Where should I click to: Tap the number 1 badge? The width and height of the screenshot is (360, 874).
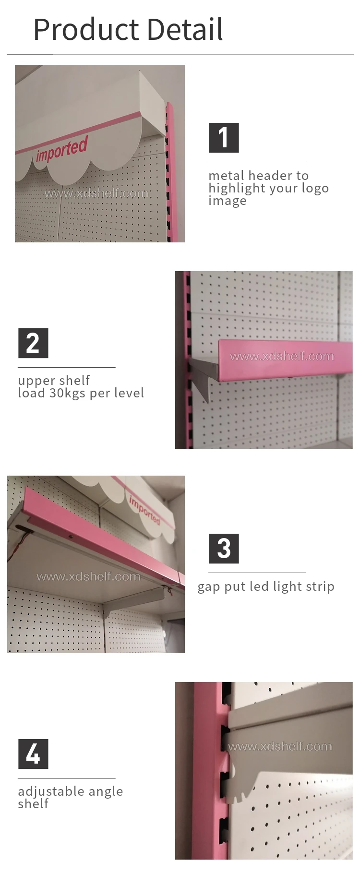coord(224,138)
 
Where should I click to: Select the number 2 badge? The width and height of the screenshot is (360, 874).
coord(33,343)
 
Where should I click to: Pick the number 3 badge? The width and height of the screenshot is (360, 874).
coord(224,549)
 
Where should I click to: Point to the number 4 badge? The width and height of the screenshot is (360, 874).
coord(33,754)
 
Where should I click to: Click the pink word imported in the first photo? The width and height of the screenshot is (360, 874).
coord(62,149)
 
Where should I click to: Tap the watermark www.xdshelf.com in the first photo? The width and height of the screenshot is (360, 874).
coord(96,193)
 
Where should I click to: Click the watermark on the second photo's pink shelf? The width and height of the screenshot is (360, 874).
coord(282,356)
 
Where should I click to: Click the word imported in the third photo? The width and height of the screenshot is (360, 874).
coord(144,510)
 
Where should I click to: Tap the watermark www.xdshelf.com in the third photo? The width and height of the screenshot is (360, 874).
coord(89,576)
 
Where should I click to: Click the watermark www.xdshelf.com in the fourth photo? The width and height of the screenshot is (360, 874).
coord(280,746)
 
